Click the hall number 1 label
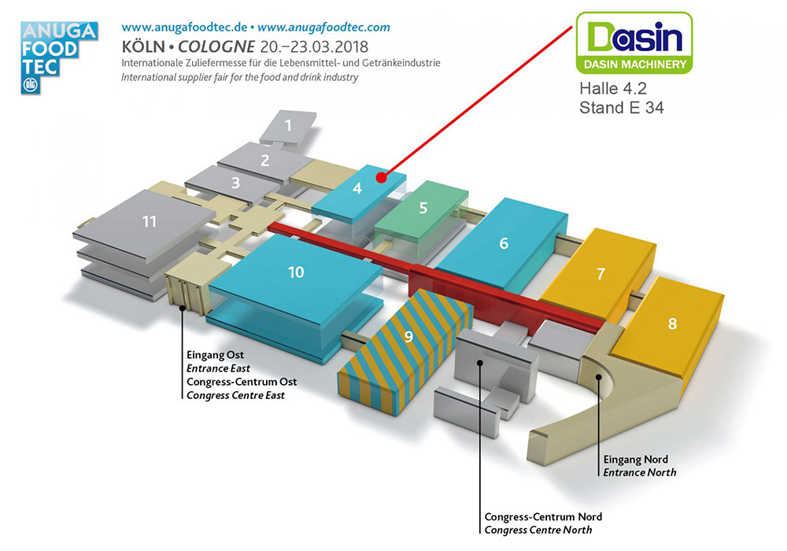(x=288, y=125)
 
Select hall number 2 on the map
(x=265, y=161)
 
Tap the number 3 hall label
(x=235, y=184)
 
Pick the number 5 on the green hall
(x=423, y=209)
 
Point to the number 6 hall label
(x=504, y=243)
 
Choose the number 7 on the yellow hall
(x=600, y=274)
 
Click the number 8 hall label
(x=671, y=323)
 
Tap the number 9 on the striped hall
(x=408, y=337)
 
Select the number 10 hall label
(x=296, y=272)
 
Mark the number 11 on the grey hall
(x=150, y=222)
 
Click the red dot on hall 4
(x=381, y=177)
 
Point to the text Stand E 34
(x=621, y=109)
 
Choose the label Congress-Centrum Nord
(x=543, y=516)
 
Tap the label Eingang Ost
(x=216, y=355)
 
